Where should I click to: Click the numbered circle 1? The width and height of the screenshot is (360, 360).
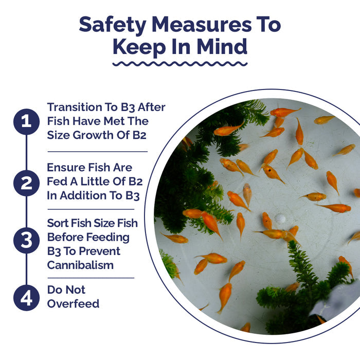(x=26, y=122)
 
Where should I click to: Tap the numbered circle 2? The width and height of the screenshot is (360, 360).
(x=26, y=183)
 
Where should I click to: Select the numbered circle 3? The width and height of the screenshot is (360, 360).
(x=26, y=240)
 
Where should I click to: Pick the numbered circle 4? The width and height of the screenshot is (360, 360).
(x=26, y=298)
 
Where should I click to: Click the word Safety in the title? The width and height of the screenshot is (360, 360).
(x=113, y=25)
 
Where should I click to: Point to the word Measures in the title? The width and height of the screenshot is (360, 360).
(x=202, y=24)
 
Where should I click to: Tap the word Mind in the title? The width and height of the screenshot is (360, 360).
(x=222, y=47)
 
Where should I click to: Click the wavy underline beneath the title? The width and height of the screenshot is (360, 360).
(x=180, y=64)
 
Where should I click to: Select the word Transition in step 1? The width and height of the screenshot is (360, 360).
(x=75, y=107)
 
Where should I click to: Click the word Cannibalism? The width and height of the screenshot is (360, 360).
(x=80, y=265)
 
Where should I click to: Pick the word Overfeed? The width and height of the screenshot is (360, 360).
(x=73, y=304)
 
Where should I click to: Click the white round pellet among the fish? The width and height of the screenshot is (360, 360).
(x=280, y=219)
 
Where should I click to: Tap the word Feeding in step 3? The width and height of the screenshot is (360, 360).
(x=108, y=238)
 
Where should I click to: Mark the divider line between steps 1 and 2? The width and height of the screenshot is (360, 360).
(x=98, y=152)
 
